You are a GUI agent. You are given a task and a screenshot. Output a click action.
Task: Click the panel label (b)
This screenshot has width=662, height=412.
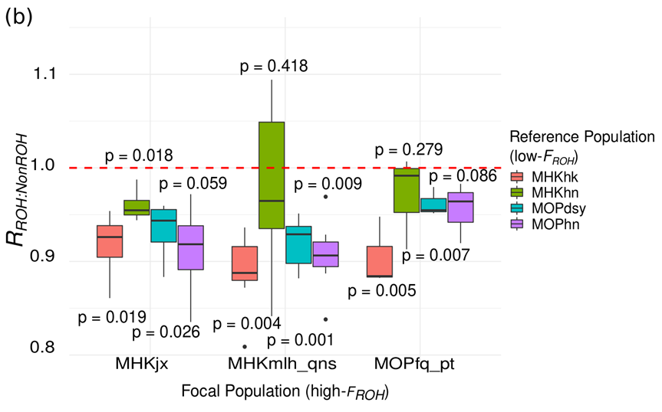coord(18,18)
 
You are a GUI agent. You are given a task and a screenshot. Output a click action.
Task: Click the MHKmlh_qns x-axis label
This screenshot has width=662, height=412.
coord(285,363)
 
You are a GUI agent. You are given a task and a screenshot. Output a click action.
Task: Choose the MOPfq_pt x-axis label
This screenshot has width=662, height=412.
coord(420,363)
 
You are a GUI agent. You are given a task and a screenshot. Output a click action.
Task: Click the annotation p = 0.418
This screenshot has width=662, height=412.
coord(274,67)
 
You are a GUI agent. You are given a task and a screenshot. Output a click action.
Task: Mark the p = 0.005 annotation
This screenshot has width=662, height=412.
coord(381,292)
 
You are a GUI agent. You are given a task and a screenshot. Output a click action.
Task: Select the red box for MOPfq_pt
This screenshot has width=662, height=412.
coord(380,261)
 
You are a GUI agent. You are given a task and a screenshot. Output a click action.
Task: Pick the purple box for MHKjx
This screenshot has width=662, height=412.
coord(190,247)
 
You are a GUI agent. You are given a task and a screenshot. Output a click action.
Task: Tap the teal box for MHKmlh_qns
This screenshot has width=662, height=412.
coord(298,245)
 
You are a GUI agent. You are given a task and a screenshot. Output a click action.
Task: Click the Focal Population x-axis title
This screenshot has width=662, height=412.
coord(285,392)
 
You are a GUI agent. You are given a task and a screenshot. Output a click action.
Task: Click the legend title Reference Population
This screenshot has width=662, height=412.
coord(581,137)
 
